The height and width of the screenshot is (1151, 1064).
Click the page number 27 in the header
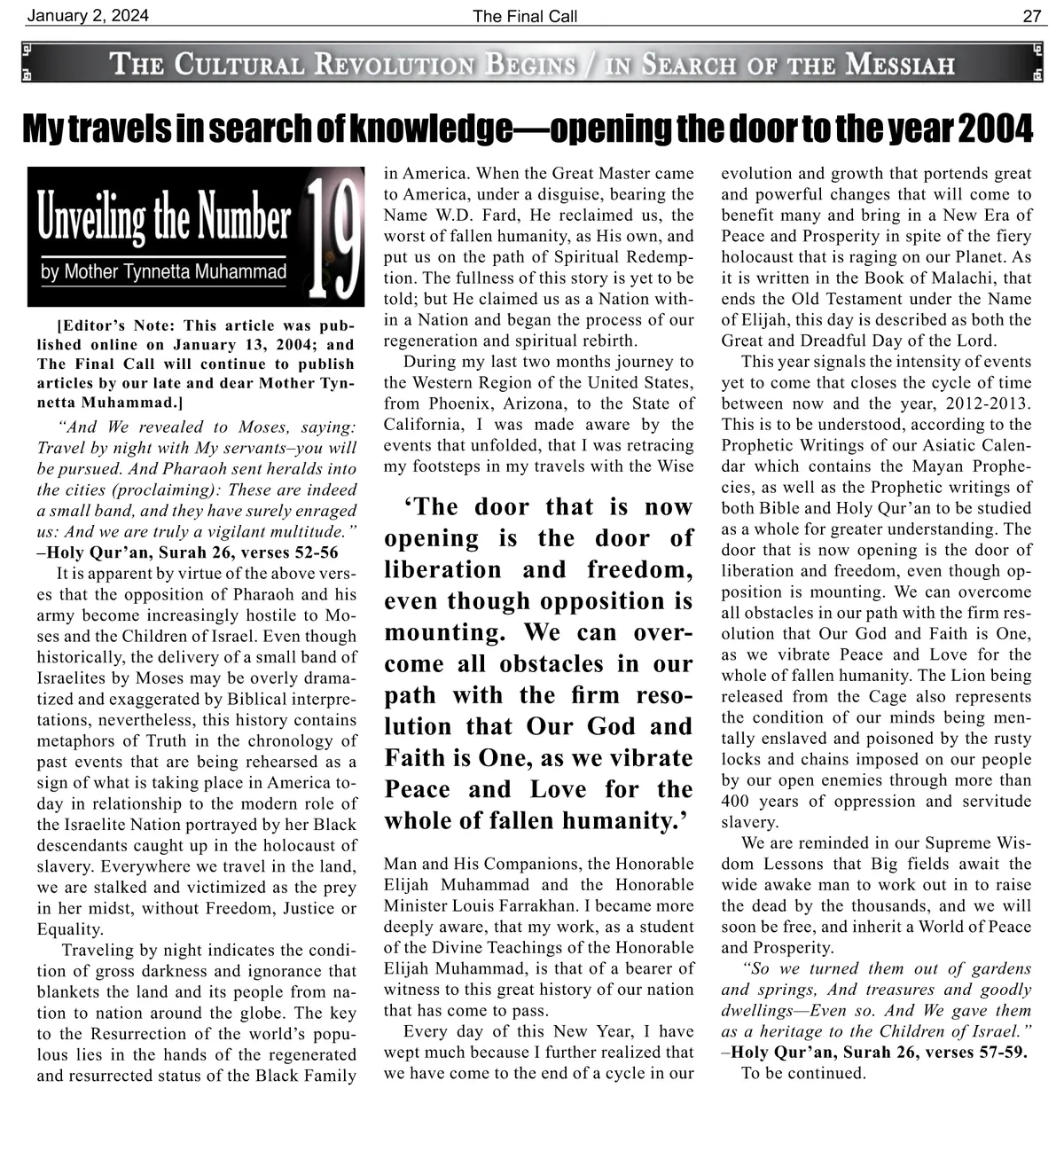tap(1032, 16)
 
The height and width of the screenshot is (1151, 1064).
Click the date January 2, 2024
tap(88, 16)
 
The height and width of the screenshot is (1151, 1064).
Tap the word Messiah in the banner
tap(899, 64)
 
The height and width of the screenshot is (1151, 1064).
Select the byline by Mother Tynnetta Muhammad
tap(164, 271)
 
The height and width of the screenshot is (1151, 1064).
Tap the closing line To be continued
tap(802, 1073)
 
